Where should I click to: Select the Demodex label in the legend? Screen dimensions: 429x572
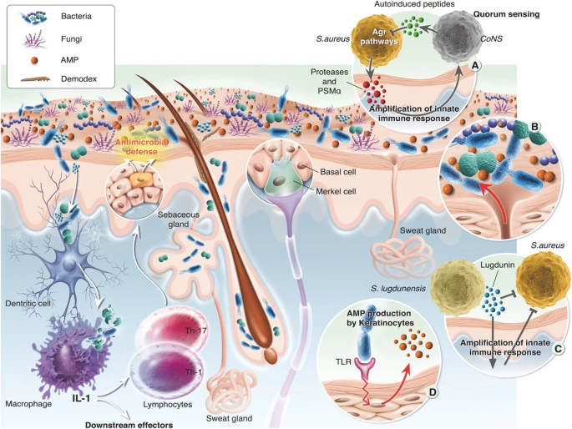(x=71, y=80)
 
